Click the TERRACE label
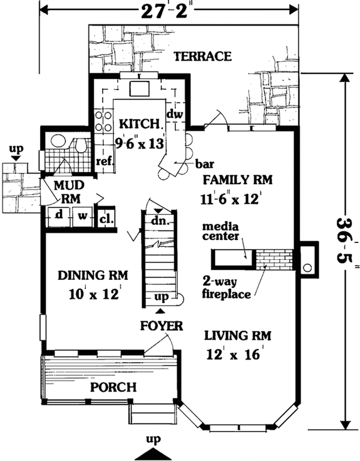pyautogui.click(x=202, y=56)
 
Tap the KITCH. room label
pyautogui.click(x=134, y=122)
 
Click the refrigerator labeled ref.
pyautogui.click(x=103, y=161)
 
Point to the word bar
pyautogui.click(x=201, y=165)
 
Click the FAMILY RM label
pyautogui.click(x=239, y=180)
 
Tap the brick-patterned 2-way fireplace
pyautogui.click(x=274, y=258)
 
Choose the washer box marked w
pyautogui.click(x=82, y=215)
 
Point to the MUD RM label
pyautogui.click(x=65, y=192)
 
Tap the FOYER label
pyautogui.click(x=162, y=326)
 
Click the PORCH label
pyautogui.click(x=113, y=387)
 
